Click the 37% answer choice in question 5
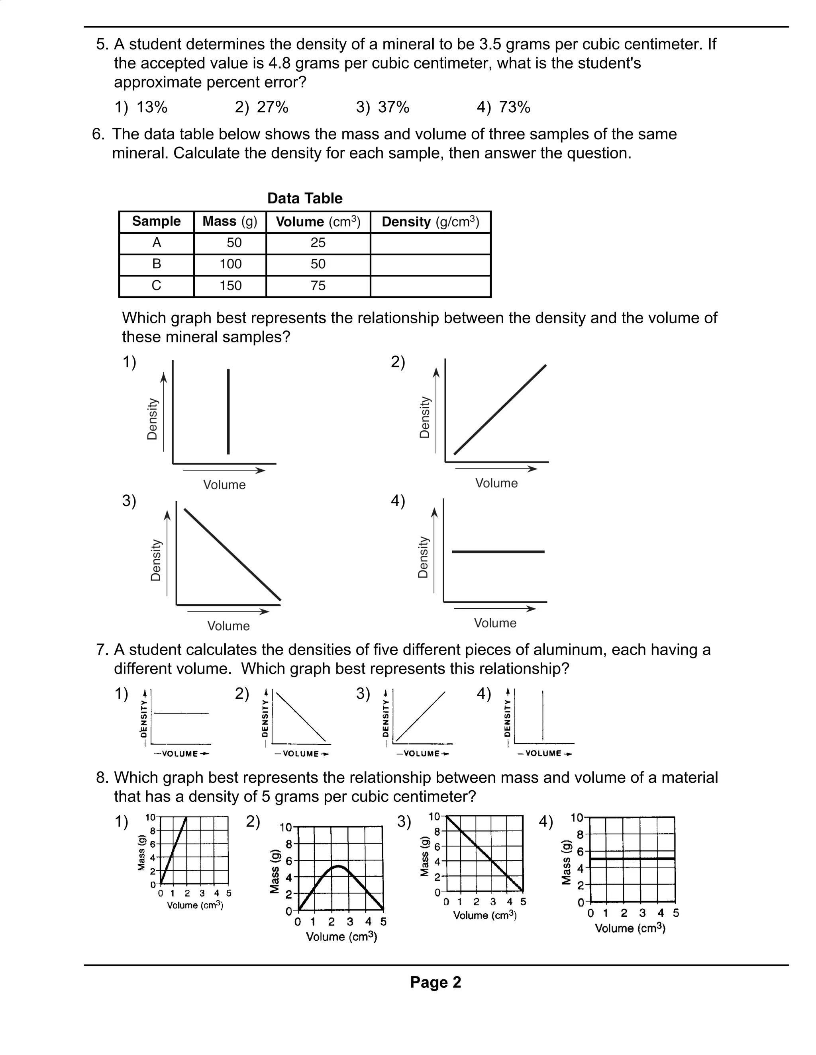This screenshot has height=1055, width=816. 383,107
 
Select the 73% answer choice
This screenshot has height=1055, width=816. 504,107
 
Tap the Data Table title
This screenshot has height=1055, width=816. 304,198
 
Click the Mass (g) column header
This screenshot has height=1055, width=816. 229,222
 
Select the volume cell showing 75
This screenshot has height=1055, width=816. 318,285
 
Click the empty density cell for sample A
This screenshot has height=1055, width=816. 430,243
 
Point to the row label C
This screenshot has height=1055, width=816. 156,285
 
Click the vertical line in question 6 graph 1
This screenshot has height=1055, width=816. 228,412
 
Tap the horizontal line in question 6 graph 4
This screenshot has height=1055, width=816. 498,551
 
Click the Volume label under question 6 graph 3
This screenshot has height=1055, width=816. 228,626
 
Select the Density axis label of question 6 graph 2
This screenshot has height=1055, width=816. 424,417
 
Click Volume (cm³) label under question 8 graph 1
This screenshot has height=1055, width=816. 195,905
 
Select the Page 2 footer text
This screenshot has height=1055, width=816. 435,982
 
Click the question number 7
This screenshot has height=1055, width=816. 101,650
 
